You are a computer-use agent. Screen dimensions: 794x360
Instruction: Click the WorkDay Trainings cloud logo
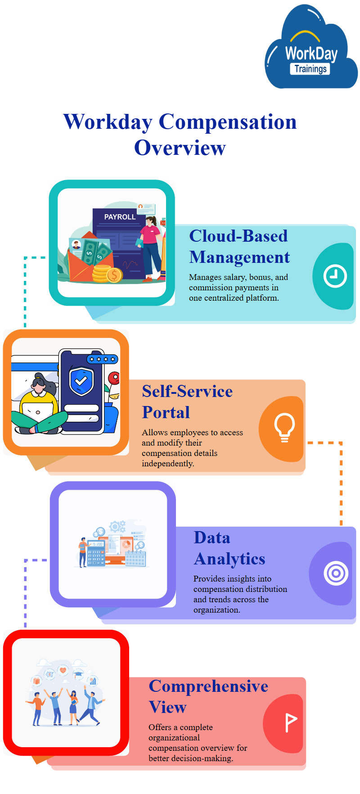310,47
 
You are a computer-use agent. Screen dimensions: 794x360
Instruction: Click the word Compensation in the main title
228,122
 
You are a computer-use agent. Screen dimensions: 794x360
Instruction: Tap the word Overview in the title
180,148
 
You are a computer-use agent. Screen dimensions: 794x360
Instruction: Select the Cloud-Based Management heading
239,246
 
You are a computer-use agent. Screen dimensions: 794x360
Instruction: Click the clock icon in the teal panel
335,276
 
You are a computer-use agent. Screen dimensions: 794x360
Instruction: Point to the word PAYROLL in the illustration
120,217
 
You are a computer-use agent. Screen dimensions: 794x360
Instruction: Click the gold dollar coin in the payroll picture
115,275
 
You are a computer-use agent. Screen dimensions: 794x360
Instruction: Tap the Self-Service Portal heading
187,402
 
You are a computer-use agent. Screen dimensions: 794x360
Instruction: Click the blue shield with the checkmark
81,381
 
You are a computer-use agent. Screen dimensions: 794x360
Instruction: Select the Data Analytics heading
229,548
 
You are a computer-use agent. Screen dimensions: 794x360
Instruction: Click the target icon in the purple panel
336,573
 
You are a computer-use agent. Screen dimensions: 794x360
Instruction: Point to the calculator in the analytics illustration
96,553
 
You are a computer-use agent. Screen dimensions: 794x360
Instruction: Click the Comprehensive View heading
208,696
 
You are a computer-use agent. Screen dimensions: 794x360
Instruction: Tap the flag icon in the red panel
290,722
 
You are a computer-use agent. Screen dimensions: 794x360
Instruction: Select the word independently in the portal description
168,464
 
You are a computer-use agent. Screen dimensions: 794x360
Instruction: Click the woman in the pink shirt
151,248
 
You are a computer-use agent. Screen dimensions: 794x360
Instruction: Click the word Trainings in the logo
310,69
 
